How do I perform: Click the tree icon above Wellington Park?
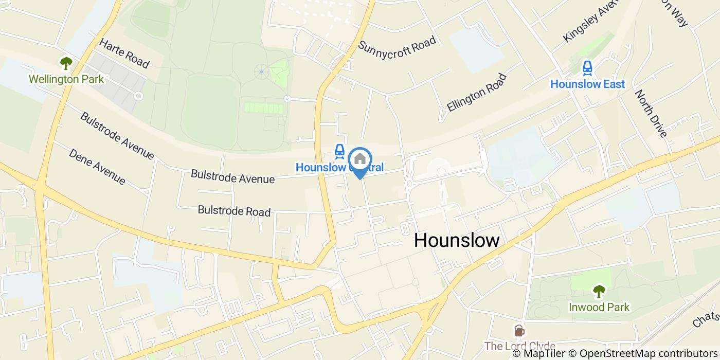click(66, 63)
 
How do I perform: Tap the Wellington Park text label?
click(66, 79)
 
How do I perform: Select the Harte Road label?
click(124, 53)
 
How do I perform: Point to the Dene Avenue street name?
click(97, 167)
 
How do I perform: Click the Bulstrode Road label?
click(234, 211)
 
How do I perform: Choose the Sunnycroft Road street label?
click(397, 45)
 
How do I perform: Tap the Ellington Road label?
click(477, 93)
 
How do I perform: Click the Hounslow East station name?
click(587, 84)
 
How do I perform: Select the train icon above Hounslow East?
click(587, 67)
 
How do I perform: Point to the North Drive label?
click(651, 114)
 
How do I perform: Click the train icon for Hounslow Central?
click(339, 151)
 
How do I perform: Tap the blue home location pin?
click(360, 160)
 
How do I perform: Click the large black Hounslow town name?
click(457, 240)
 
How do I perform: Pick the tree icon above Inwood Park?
click(599, 292)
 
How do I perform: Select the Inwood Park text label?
click(599, 307)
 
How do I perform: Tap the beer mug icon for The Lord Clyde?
click(519, 330)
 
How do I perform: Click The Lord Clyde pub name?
click(519, 346)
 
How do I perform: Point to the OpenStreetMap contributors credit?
click(649, 353)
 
